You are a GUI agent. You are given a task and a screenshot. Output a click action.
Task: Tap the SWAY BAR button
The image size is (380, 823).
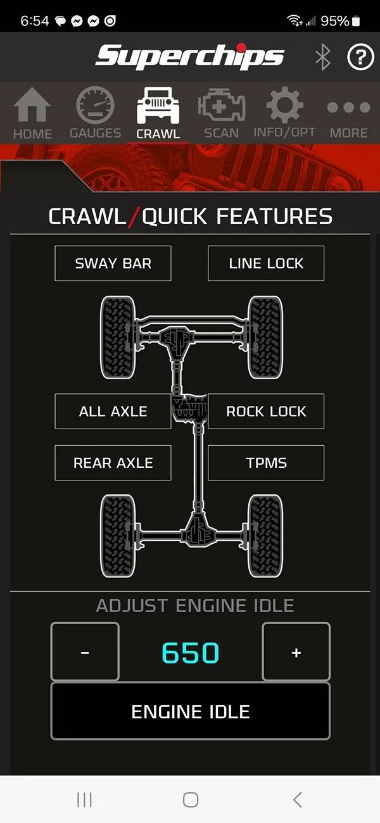(x=113, y=263)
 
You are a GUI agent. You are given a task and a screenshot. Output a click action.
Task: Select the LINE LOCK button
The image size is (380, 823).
(x=266, y=263)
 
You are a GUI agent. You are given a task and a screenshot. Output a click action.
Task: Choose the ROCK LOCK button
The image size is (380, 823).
(x=266, y=411)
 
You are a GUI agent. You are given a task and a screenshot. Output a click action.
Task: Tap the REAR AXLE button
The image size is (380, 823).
(x=113, y=463)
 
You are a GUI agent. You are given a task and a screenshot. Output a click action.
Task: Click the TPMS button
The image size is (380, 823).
(x=266, y=463)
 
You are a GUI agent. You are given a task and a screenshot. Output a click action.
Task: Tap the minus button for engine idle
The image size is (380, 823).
(x=85, y=652)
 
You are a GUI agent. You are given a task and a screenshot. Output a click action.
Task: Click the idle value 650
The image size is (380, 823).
(x=191, y=653)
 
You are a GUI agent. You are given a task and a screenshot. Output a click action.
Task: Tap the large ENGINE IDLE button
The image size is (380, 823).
(x=191, y=711)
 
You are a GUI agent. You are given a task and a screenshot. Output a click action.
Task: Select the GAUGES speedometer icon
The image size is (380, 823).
(x=95, y=105)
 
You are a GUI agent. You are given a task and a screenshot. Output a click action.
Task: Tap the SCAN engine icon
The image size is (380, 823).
(x=222, y=104)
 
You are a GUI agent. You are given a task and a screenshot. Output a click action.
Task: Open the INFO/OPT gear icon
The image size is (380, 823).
(x=284, y=105)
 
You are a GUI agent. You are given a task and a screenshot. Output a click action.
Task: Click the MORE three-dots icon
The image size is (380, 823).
(x=348, y=107)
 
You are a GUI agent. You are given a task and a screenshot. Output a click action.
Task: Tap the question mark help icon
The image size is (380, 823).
(x=360, y=56)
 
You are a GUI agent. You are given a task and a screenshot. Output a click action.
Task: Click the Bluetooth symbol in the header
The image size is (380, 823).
(x=322, y=56)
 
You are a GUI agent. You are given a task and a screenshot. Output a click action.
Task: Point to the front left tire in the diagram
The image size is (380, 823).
(x=118, y=337)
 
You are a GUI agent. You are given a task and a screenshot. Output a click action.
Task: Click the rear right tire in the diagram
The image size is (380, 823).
(x=265, y=536)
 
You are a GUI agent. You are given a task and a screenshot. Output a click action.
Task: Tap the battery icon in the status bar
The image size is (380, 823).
(x=355, y=21)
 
